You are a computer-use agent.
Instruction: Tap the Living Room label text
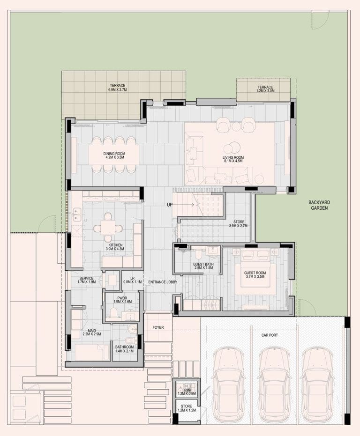[233, 159]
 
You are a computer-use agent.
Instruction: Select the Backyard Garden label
[319, 205]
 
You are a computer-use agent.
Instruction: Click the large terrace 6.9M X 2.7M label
[118, 88]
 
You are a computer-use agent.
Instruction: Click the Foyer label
[158, 327]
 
